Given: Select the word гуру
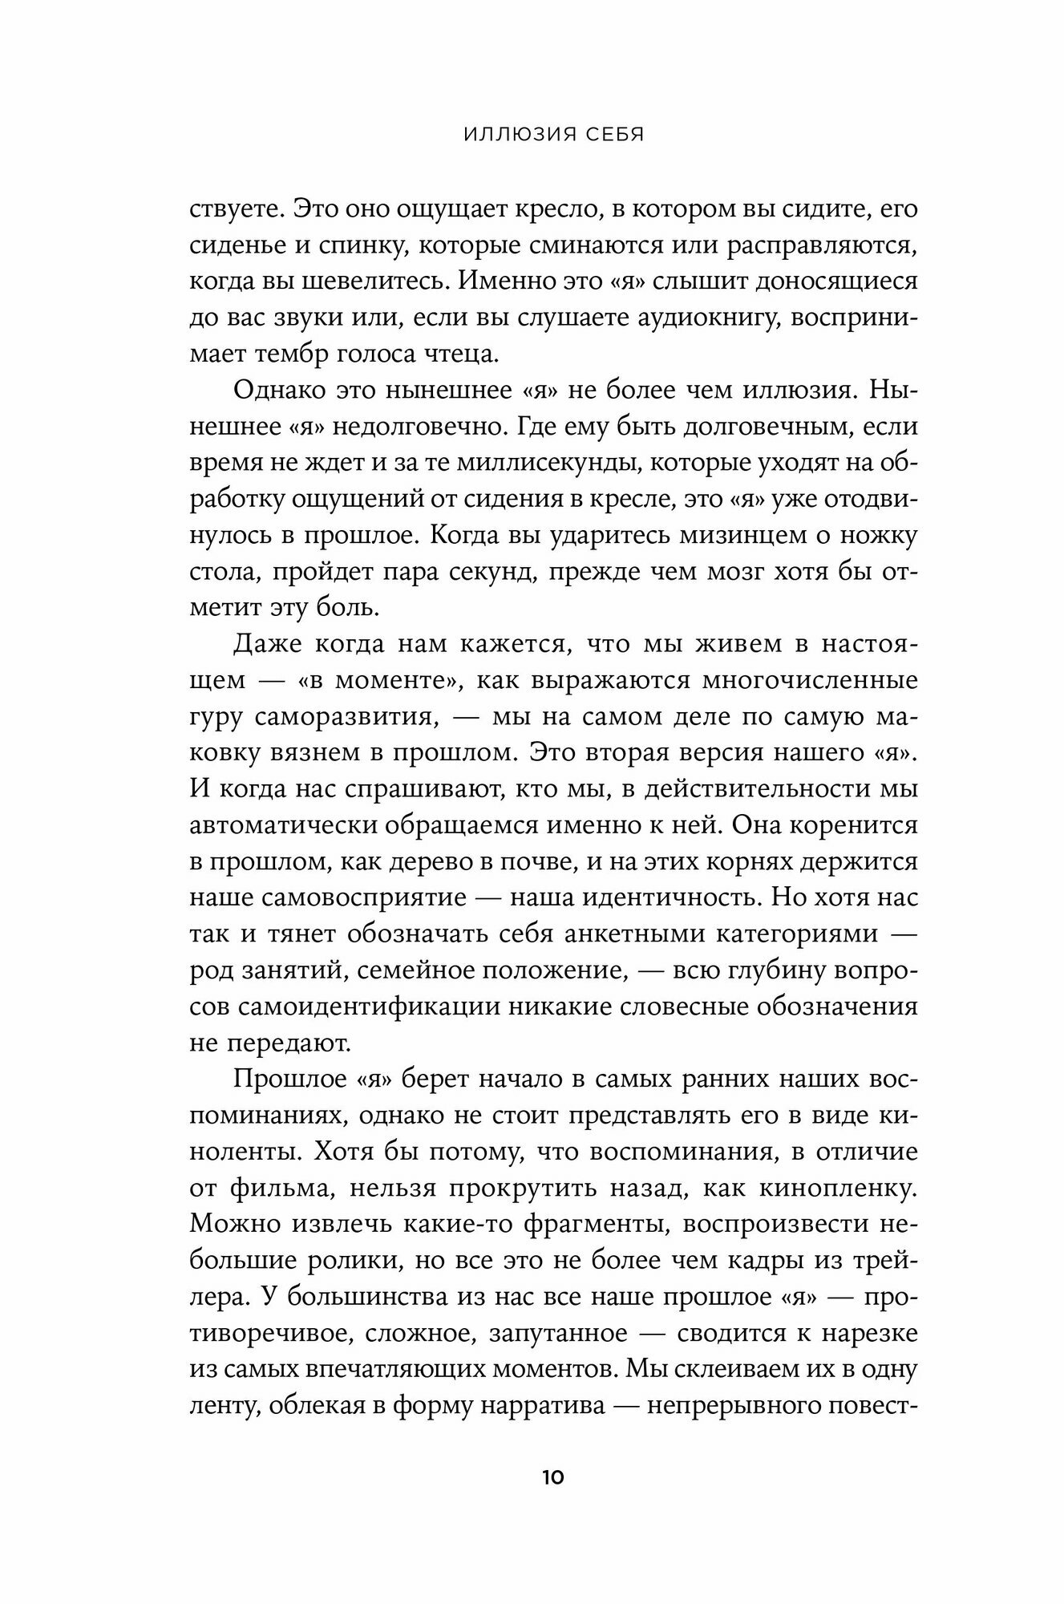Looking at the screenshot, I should point(216,716).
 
